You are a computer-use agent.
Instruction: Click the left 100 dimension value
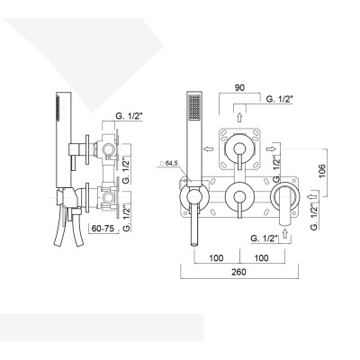tap(214, 258)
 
